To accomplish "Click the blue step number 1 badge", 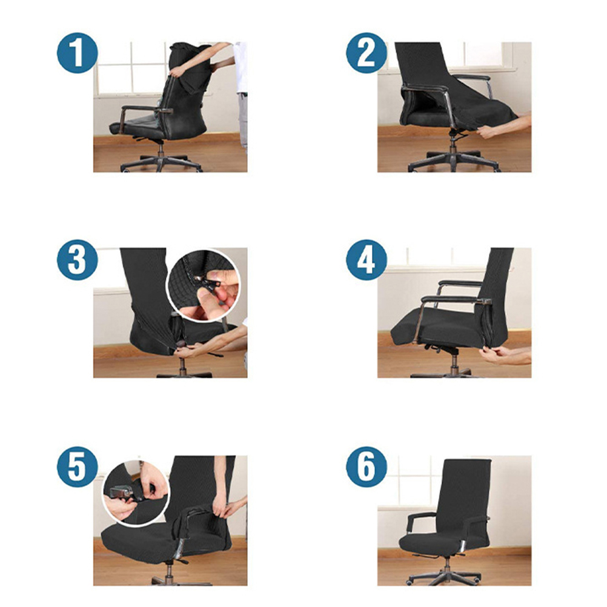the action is (x=77, y=53).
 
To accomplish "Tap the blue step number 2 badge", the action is (x=367, y=53).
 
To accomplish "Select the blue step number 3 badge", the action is (x=77, y=260).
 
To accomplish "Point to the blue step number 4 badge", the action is (x=367, y=260).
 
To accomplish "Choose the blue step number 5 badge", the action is (x=77, y=467).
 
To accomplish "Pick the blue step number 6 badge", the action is (x=367, y=467).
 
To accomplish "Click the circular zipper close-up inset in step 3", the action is (x=204, y=285).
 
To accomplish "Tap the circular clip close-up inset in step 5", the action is (x=136, y=493).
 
